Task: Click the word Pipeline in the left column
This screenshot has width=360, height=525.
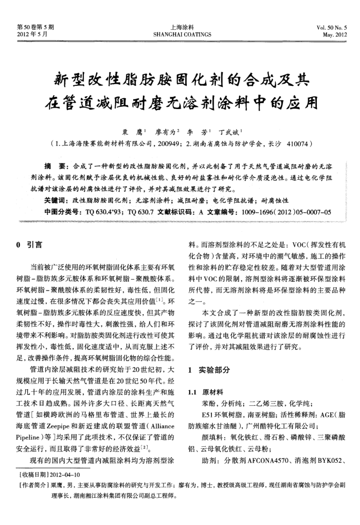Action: tap(31, 437)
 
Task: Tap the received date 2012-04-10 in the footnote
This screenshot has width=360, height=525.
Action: tap(64, 474)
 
